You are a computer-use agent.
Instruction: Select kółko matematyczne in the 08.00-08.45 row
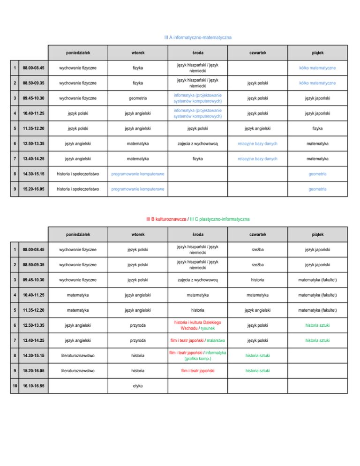coord(318,68)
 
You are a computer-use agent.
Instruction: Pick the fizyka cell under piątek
coord(318,128)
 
